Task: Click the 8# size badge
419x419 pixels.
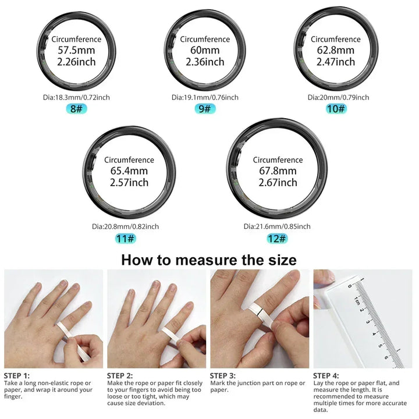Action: pos(76,109)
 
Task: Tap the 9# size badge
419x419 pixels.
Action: pos(204,109)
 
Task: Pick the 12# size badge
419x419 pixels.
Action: pos(276,239)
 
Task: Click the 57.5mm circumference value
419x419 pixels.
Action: pos(76,51)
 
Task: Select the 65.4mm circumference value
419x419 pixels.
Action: pos(129,171)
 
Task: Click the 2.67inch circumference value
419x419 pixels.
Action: pos(278,182)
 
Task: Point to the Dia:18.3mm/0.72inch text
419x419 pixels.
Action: pos(76,97)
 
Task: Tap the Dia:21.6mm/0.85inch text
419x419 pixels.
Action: pos(276,226)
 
